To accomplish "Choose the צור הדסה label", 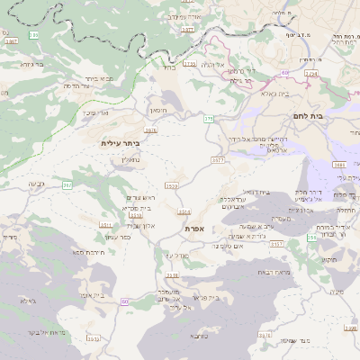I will (x=56, y=86).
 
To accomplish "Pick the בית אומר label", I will (x=87, y=294).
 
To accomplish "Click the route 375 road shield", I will (x=208, y=119).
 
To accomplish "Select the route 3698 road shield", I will (x=339, y=165).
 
